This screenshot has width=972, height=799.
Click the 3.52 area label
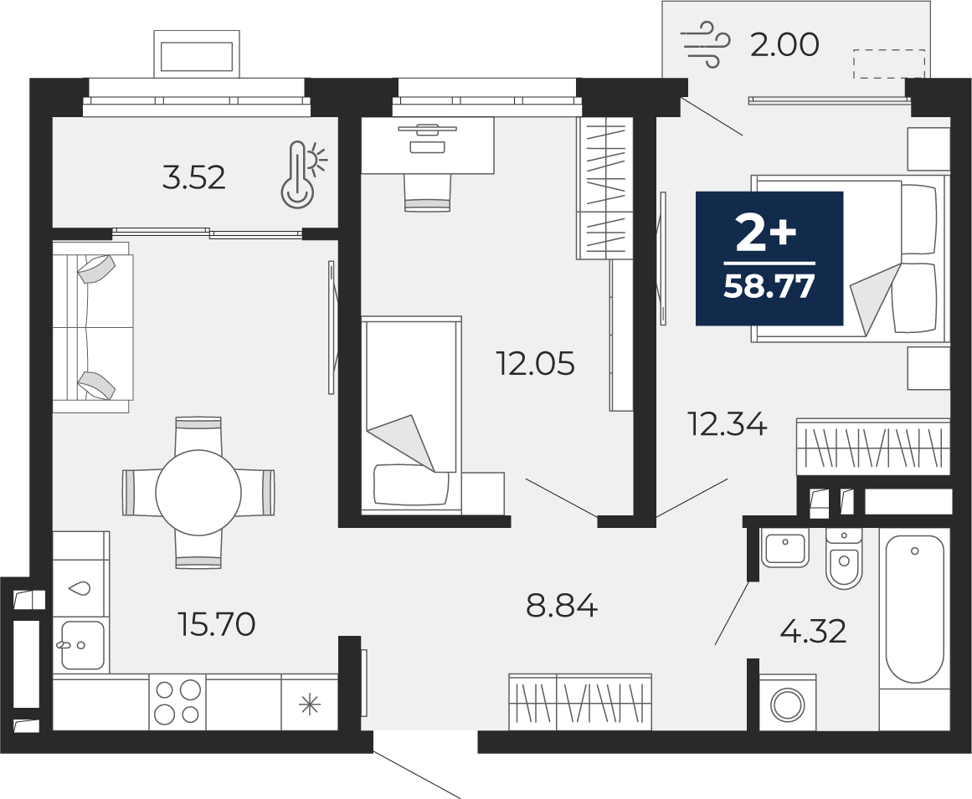(193, 178)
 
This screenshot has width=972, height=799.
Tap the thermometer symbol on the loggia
(302, 174)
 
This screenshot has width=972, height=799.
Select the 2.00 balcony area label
(784, 45)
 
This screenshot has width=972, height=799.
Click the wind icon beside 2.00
(704, 44)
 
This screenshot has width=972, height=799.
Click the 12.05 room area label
(536, 364)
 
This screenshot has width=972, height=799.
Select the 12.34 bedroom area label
(728, 425)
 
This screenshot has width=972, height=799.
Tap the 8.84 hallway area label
(562, 606)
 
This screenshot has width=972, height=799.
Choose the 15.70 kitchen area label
(216, 624)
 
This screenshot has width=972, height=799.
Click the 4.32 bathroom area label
(814, 632)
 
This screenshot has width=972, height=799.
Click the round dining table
(198, 493)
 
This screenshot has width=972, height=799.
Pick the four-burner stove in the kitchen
(178, 702)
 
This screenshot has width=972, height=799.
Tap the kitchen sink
(82, 645)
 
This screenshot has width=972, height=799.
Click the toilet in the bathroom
(844, 558)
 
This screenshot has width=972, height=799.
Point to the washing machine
(787, 703)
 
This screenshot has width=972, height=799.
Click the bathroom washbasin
(784, 548)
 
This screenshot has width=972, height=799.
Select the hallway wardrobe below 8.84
(580, 702)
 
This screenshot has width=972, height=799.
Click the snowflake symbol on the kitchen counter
(309, 703)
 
